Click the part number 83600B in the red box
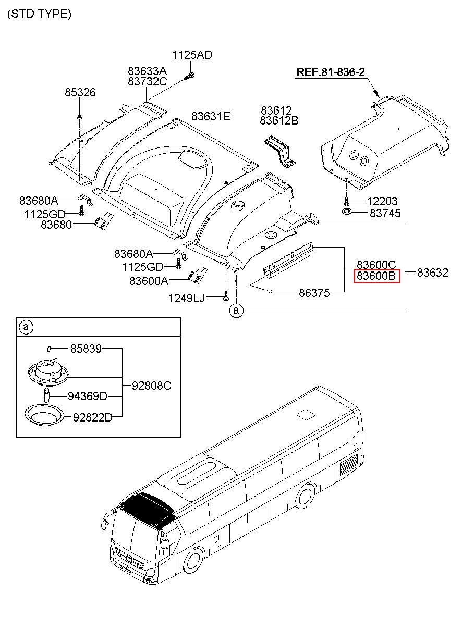pos(377,276)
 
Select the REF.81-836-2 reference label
pos(330,72)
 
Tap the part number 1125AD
pos(192,55)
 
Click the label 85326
pos(80,93)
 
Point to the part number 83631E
pos(210,117)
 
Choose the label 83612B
pos(279,121)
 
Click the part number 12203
pos(382,201)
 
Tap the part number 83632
pos(432,273)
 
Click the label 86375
pos(314,293)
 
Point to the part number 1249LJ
pos(186,298)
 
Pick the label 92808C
pos(151,386)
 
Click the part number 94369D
pos(87,397)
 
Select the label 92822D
pos(92,417)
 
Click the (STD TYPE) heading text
pos(39,14)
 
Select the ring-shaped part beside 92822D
pos(45,415)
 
